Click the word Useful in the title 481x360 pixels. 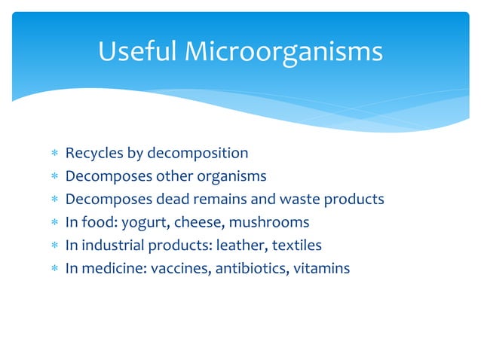coord(136,52)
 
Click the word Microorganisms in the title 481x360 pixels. coord(283,52)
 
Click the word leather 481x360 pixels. coord(240,245)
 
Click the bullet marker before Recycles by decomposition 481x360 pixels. coord(54,154)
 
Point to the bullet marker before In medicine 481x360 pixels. coord(54,268)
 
